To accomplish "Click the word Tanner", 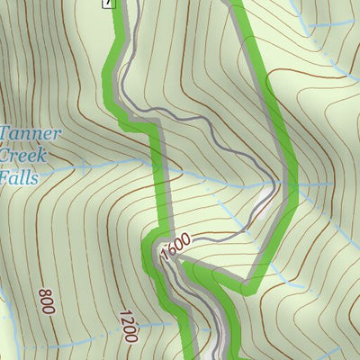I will pyautogui.click(x=31, y=135).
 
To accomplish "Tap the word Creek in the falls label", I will pyautogui.click(x=23, y=157).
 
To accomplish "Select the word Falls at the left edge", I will pyautogui.click(x=19, y=177).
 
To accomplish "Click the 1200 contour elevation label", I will pyautogui.click(x=127, y=325).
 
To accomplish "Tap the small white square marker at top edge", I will pyautogui.click(x=109, y=3).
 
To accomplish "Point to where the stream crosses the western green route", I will pyautogui.click(x=159, y=169).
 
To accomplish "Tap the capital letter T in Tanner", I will pyautogui.click(x=4, y=135).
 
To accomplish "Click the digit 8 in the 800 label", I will pyautogui.click(x=44, y=310).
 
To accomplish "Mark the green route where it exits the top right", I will pyautogui.click(x=238, y=4).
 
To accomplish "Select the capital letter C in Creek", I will pyautogui.click(x=6, y=157).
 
